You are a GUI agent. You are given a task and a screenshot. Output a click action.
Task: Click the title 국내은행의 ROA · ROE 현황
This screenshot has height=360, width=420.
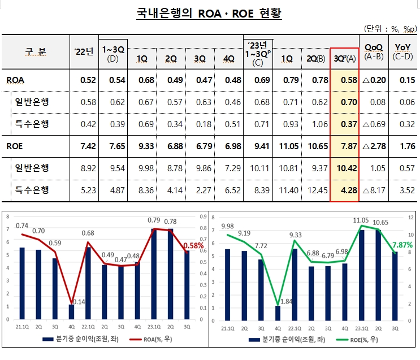pyautogui.click(x=210, y=12)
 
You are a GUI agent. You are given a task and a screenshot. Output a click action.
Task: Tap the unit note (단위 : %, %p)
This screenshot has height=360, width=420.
pyautogui.click(x=389, y=28)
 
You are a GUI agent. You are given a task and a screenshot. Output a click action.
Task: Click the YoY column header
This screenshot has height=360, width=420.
pyautogui.click(x=403, y=51)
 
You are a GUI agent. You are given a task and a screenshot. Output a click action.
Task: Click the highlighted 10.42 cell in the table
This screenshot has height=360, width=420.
pyautogui.click(x=344, y=168)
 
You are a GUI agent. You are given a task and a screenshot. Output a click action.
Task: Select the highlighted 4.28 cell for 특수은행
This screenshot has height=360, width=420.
pyautogui.click(x=344, y=190)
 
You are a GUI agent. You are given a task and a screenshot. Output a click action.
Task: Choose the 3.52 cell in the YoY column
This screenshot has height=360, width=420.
pyautogui.click(x=404, y=190)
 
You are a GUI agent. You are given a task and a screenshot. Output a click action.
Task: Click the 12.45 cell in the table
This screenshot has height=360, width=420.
pyautogui.click(x=315, y=190)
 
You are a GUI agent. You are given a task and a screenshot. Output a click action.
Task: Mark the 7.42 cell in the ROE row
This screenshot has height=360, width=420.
pyautogui.click(x=84, y=146)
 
